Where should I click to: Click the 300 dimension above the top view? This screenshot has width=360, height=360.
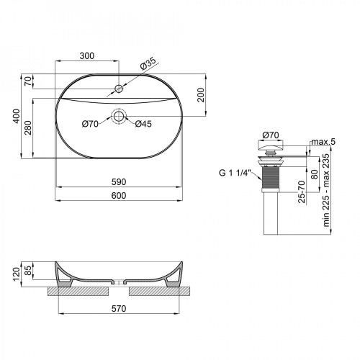click(x=86, y=55)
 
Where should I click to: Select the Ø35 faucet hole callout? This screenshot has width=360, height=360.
click(x=148, y=63)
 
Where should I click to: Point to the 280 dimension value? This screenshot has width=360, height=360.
click(x=28, y=127)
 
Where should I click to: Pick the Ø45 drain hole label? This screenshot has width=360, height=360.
click(x=143, y=125)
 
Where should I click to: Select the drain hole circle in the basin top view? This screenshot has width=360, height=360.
click(x=119, y=115)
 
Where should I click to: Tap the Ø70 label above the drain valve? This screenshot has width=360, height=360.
click(x=271, y=134)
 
